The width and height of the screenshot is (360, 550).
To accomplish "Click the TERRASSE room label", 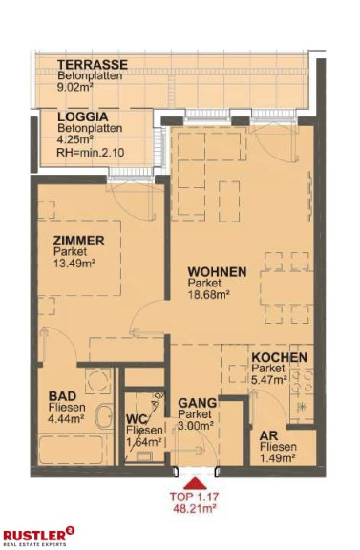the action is coord(93,65).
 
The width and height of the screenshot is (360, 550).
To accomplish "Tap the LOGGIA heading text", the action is coord(83,116).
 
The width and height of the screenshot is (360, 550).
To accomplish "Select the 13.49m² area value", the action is coord(74,263).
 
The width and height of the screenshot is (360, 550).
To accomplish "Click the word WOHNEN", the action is coord(217,272).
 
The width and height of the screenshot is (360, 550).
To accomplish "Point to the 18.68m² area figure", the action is coord(209,294).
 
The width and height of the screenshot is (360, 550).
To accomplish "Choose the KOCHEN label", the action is coord(280,358).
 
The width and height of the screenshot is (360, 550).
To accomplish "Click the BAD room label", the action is coord(62,396).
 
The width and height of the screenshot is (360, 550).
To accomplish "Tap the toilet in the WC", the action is coord(144,456).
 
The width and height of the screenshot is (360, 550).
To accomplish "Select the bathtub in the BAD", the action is coord(71,450).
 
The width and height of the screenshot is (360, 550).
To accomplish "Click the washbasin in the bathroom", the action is coord(104,415).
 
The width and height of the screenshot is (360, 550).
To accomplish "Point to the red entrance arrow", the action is coord(194,483).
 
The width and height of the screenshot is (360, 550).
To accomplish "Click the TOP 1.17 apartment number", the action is coord(194,497).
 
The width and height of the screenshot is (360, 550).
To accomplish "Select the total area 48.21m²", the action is coord(194,508).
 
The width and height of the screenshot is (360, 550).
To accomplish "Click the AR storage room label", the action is coord(268,436).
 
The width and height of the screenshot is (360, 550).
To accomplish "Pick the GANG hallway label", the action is coord(198,403).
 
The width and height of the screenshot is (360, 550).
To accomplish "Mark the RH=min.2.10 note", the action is coord(91,153).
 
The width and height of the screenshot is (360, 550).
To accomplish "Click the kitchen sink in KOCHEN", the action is coord(301,408).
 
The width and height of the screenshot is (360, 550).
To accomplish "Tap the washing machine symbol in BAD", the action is coord(98,381).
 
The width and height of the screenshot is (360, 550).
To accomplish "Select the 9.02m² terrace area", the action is coord(74,87).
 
